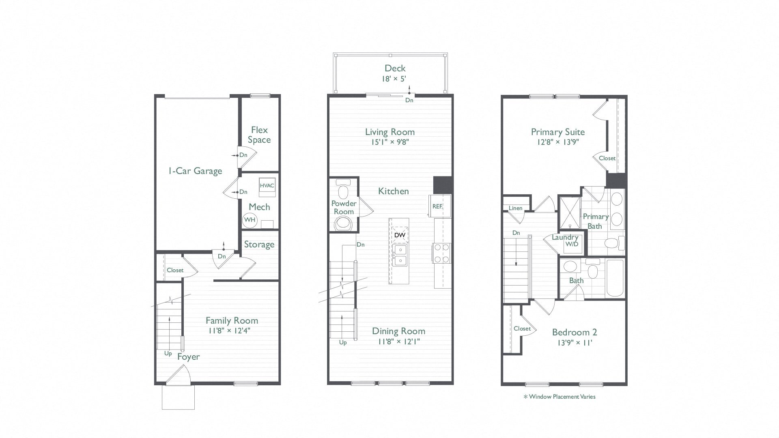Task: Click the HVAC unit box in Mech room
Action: (x=267, y=185)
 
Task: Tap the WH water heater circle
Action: (x=250, y=220)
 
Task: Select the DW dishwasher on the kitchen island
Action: (x=399, y=235)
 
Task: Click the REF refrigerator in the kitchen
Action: (x=437, y=206)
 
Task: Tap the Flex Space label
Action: (x=259, y=135)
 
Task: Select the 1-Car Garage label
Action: (x=195, y=171)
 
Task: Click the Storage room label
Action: (x=259, y=245)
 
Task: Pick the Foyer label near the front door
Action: (x=188, y=356)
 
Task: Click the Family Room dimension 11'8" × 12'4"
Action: (x=229, y=331)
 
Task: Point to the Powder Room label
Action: (x=344, y=207)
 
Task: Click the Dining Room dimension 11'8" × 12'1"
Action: (x=398, y=341)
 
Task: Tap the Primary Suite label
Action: (x=557, y=132)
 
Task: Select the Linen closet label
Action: (x=515, y=208)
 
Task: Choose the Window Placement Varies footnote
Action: (x=560, y=397)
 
